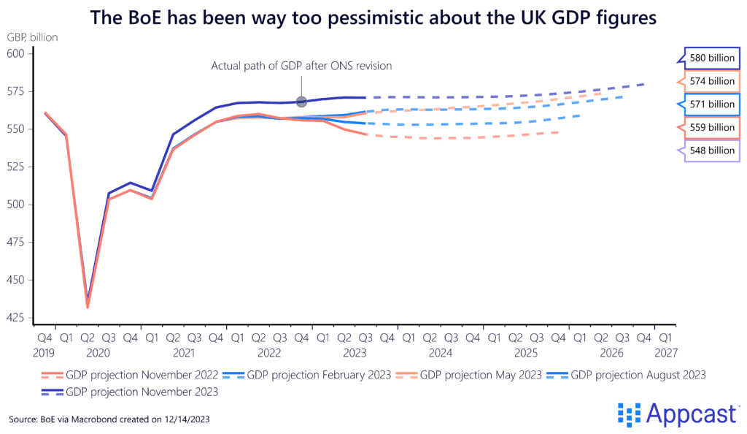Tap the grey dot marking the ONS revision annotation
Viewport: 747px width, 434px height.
pos(301,102)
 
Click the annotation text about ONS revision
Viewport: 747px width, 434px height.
pos(302,66)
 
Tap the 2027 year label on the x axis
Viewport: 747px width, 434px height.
pos(666,353)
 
